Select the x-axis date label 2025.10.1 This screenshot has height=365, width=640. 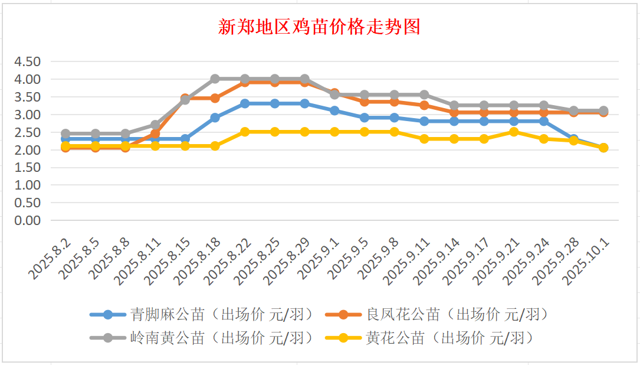coord(588,262)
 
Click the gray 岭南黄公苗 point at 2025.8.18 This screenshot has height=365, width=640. coord(215,79)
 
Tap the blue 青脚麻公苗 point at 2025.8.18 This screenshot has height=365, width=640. coord(215,118)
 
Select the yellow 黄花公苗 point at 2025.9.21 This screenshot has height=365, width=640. coord(514,132)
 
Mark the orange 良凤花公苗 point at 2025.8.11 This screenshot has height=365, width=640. coord(155,134)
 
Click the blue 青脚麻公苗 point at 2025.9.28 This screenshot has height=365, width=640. coord(573,139)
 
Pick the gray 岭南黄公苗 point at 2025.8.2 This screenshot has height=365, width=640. coord(65,133)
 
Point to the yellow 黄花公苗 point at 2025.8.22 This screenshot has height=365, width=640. coord(245,132)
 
